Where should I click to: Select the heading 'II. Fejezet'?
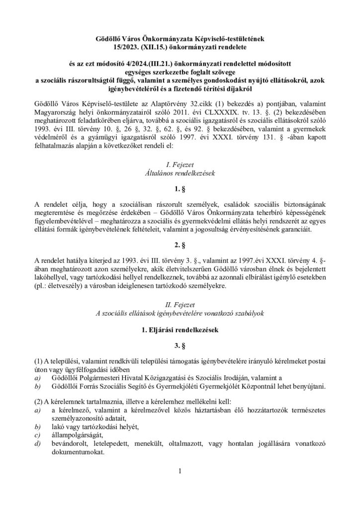coord(180,303)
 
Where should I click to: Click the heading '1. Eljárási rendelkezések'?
coord(180,330)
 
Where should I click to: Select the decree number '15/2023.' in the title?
coord(112,46)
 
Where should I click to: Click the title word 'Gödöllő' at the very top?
coord(110,38)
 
